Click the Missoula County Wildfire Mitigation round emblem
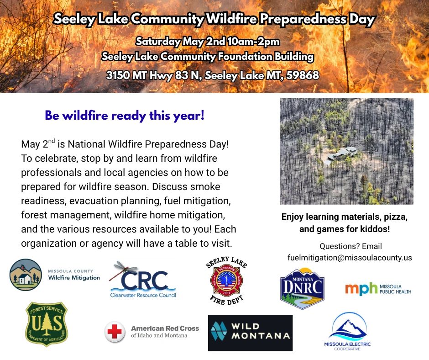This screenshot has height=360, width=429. click(x=26, y=275)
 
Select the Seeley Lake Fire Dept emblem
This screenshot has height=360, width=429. click(x=227, y=281)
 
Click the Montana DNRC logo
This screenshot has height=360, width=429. click(x=302, y=289)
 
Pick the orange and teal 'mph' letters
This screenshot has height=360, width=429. click(x=361, y=289)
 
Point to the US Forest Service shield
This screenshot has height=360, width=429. click(x=47, y=324)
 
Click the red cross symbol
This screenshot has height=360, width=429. click(x=115, y=332)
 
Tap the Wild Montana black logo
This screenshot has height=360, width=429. click(x=251, y=333)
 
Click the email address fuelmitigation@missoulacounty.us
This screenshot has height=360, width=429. click(x=350, y=258)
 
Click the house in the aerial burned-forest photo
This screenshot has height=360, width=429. click(x=340, y=155)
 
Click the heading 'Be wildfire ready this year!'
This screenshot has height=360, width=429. click(x=125, y=116)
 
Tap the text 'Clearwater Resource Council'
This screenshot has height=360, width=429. click(x=143, y=295)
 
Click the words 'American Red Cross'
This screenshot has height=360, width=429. click(x=165, y=328)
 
